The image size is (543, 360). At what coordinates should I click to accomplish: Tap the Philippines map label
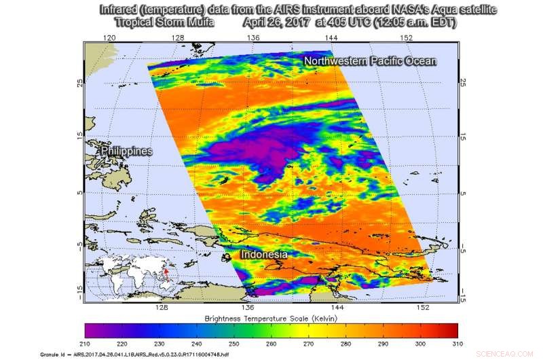[126, 151]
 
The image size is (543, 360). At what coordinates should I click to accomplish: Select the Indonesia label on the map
[264, 255]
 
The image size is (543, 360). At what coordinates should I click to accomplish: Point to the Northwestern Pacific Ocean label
[370, 62]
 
